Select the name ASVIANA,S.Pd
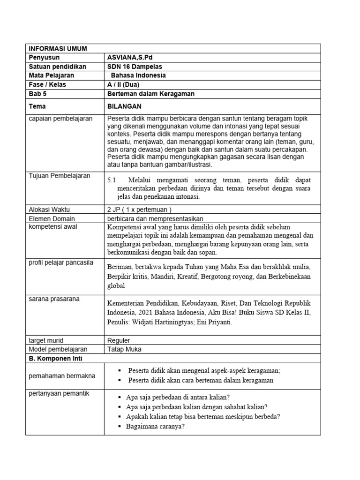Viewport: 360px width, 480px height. click(129, 57)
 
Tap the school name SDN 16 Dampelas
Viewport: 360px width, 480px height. click(135, 66)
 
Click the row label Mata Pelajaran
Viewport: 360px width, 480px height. click(52, 75)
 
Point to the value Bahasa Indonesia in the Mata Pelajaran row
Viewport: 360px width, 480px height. click(138, 75)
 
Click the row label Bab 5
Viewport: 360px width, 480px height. click(38, 94)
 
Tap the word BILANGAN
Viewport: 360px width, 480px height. click(124, 106)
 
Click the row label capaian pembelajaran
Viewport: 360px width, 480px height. click(60, 118)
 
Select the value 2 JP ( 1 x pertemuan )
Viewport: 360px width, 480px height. click(140, 210)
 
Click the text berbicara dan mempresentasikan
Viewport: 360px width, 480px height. click(155, 218)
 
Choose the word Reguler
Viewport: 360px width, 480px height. click(119, 340)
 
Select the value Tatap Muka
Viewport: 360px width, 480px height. click(124, 349)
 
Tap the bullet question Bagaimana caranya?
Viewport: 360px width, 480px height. click(155, 426)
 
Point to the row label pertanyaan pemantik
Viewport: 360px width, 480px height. click(59, 393)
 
